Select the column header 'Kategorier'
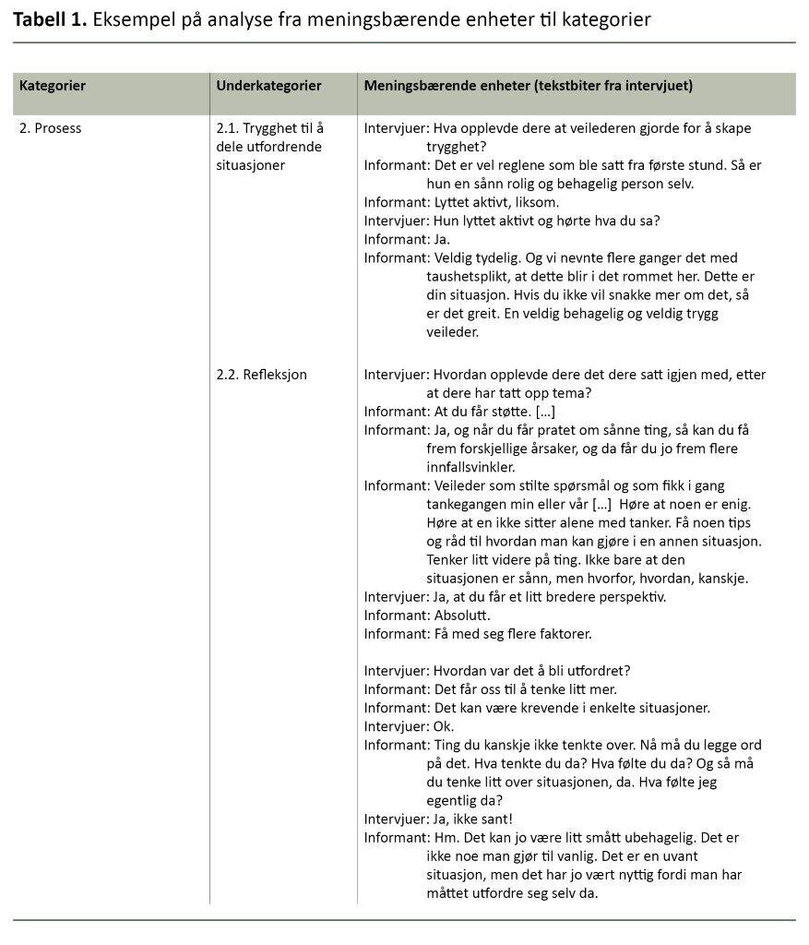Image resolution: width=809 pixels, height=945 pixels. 53,86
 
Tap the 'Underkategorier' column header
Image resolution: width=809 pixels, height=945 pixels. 268,86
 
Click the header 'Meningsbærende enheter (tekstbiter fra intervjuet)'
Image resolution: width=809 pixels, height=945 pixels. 528,86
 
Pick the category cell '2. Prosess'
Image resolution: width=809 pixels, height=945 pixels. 51,128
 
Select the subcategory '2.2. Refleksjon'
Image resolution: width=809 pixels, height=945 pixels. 261,375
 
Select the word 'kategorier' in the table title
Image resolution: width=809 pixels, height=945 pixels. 605,18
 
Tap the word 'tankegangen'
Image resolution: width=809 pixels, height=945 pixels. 470,504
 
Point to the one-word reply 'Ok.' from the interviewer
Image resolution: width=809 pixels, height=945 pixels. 443,726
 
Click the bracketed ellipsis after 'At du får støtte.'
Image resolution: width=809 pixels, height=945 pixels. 545,412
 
